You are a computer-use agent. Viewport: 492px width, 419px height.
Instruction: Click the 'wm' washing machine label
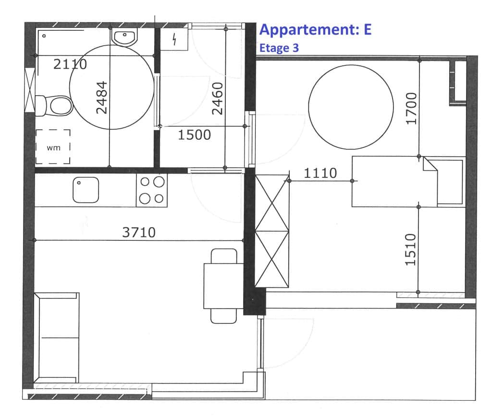(x=53, y=148)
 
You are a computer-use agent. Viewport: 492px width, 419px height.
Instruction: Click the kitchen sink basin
(x=86, y=190)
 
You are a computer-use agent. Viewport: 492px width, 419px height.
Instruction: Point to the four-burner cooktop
(x=151, y=190)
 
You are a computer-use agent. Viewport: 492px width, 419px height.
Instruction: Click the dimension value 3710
(x=139, y=233)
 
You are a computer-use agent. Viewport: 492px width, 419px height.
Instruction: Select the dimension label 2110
(x=70, y=64)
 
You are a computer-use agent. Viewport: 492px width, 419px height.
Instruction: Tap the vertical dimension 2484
(x=102, y=98)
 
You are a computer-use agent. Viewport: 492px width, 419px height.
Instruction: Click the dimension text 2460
(x=218, y=99)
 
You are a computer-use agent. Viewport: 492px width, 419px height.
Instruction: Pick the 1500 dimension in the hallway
(x=194, y=135)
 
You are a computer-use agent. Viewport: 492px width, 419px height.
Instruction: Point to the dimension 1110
(x=320, y=173)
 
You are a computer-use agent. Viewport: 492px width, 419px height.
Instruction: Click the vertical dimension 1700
(x=411, y=109)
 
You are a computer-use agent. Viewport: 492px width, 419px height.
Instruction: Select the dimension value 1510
(x=411, y=250)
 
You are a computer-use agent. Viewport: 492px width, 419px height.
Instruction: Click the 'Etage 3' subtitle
(x=279, y=48)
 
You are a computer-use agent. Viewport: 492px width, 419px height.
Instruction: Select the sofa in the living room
(x=57, y=338)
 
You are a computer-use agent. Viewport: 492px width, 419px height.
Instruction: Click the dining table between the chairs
(x=224, y=286)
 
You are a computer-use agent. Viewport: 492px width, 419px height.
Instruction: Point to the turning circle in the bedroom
(x=351, y=107)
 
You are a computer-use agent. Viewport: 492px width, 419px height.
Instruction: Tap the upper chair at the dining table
(x=224, y=256)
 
